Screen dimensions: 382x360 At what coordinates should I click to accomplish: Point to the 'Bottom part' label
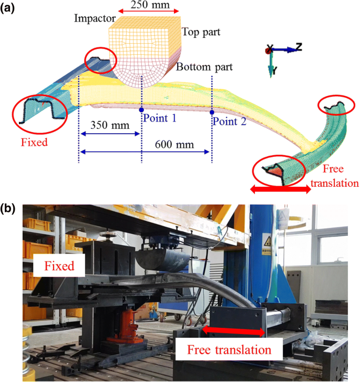(204, 68)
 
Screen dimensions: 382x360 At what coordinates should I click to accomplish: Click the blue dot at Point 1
(141, 109)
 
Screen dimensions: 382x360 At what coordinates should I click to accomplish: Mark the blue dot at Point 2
(212, 112)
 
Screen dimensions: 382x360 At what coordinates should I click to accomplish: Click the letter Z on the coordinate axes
(299, 47)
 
